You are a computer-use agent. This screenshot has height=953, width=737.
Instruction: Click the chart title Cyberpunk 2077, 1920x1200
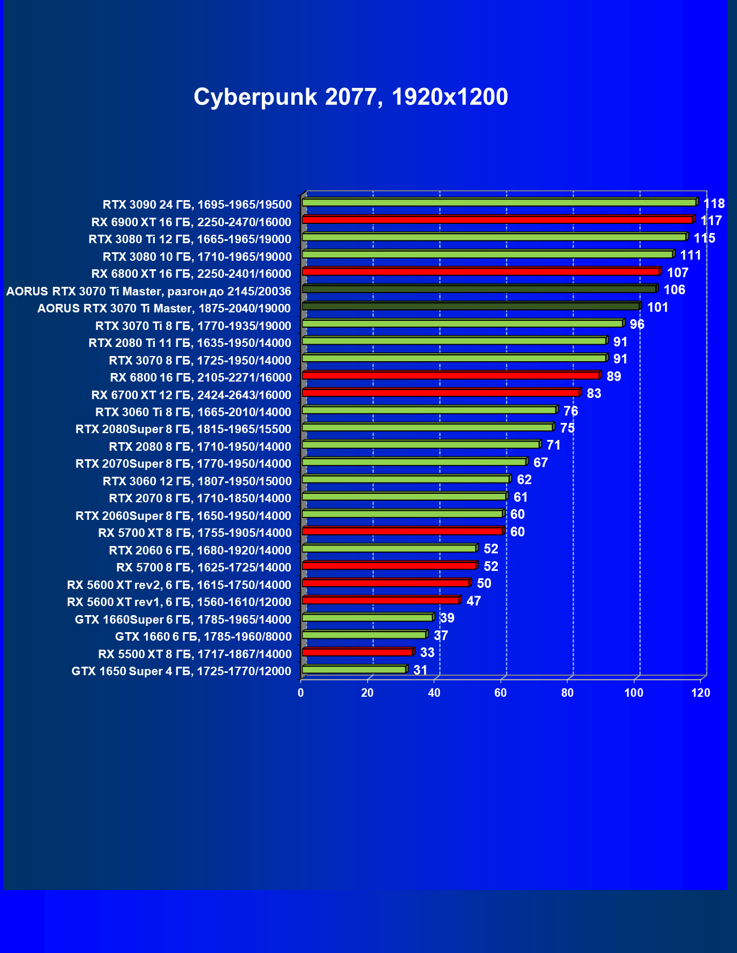tap(350, 97)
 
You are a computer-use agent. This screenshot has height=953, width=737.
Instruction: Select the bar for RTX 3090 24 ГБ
tap(499, 202)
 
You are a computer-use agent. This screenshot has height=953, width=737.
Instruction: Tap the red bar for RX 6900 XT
tap(497, 220)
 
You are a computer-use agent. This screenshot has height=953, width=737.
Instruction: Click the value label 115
tap(704, 238)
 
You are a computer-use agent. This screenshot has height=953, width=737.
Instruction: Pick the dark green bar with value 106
tap(479, 289)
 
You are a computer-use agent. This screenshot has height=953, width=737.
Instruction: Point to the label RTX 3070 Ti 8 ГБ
tap(193, 326)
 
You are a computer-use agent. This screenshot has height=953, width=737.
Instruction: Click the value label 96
tap(637, 324)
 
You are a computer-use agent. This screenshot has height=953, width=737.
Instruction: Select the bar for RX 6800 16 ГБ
tap(451, 375)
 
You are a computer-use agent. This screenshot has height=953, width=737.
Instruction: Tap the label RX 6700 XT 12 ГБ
tap(191, 395)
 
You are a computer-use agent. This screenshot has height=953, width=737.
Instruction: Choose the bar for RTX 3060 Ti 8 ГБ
tap(429, 410)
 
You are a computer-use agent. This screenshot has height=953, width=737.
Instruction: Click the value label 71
tap(553, 445)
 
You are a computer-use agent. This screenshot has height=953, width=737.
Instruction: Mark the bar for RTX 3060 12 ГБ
tap(405, 479)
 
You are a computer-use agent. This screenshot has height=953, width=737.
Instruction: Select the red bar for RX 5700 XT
tap(403, 531)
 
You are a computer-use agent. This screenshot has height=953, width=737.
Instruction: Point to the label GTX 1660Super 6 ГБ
tap(183, 620)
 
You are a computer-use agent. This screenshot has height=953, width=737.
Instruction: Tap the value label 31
tap(420, 670)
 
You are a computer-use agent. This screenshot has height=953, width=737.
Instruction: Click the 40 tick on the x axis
tap(434, 693)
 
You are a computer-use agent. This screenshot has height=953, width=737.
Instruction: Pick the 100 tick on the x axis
tap(634, 693)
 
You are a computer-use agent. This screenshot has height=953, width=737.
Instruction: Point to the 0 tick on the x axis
tap(301, 693)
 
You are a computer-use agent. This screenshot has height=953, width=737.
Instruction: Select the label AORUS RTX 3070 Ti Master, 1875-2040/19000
tap(164, 308)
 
